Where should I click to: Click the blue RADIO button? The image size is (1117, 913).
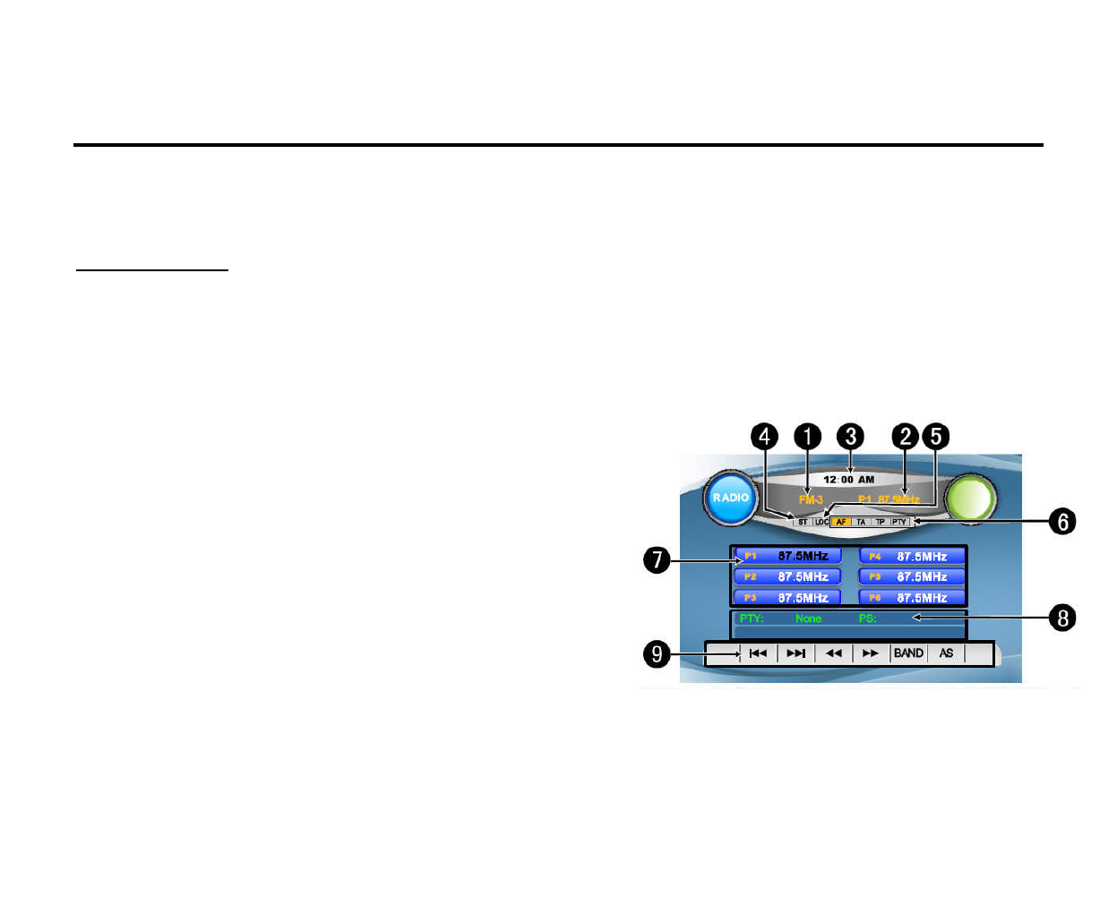tap(731, 498)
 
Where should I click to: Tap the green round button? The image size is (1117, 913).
tap(971, 498)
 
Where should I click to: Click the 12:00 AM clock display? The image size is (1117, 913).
tap(848, 480)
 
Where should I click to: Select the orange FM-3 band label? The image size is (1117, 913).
tap(811, 499)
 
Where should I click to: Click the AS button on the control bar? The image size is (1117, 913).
tap(946, 653)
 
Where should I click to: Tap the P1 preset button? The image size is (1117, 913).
tap(787, 557)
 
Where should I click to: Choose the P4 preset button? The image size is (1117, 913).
tap(912, 557)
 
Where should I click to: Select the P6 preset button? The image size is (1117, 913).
tap(912, 598)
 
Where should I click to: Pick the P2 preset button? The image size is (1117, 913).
tap(787, 577)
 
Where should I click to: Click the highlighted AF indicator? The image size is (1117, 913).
tap(841, 522)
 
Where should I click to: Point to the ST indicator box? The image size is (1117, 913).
tap(803, 522)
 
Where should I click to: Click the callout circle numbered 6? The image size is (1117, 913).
tap(1062, 522)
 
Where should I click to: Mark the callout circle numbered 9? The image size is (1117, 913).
tap(657, 654)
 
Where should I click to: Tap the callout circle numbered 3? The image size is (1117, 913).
tap(850, 437)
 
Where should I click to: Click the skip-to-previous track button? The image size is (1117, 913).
tap(758, 653)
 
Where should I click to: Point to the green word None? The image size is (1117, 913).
tap(808, 619)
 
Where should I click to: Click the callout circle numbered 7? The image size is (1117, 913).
tap(657, 561)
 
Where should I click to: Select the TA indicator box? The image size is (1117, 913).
tap(861, 522)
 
